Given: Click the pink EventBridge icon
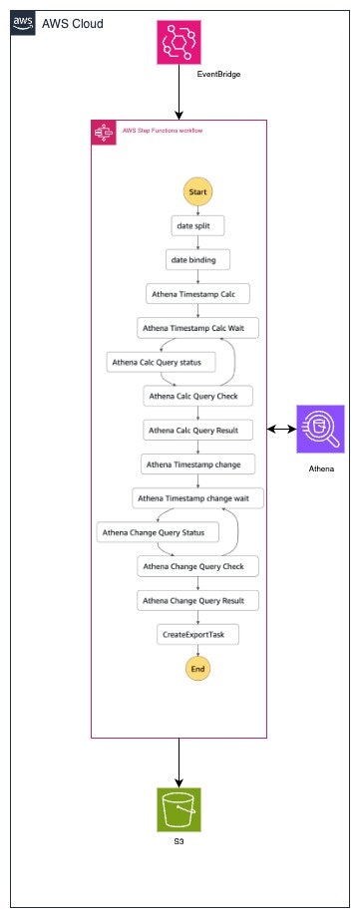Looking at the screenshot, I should coord(179,42).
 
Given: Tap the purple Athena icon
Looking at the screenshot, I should coord(320,429).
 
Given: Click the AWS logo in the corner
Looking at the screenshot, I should coord(23,23).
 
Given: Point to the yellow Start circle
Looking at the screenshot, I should coord(197,191).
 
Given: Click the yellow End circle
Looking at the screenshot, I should coord(197,668).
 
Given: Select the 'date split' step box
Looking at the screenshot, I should coord(197,226).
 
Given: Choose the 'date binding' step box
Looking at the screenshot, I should coord(197,260).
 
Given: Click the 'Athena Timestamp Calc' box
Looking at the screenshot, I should coord(197,294).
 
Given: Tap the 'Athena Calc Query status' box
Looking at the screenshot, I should coord(154,362).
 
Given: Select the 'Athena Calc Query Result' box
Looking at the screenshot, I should coord(197,430).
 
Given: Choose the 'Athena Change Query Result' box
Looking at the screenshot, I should coord(197,600).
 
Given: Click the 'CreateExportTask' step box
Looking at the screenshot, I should coord(197,634).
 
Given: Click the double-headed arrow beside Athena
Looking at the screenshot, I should coord(281,430).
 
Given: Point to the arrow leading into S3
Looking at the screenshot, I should coord(179,762).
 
